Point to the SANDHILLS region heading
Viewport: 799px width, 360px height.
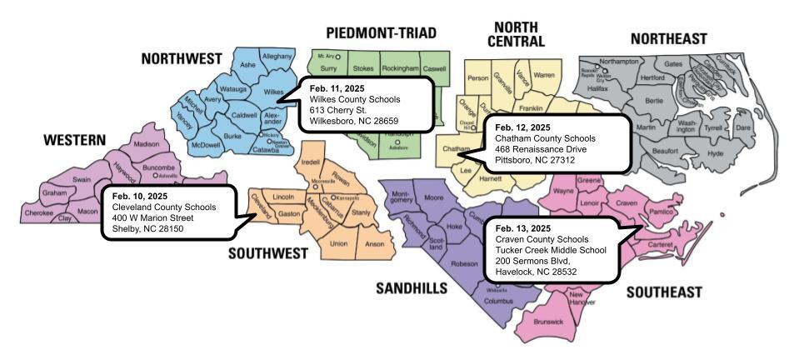412,288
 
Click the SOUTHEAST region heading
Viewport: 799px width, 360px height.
663,292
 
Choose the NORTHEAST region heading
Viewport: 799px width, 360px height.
668,39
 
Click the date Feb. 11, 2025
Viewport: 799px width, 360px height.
338,87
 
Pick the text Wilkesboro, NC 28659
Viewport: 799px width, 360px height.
352,120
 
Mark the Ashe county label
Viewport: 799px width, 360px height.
247,64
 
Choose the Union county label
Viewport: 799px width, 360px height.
339,243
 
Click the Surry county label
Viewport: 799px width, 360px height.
328,68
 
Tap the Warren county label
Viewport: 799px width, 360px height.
543,75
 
